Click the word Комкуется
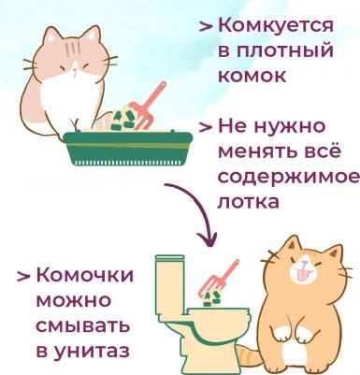[x=276, y=25]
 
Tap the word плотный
[x=285, y=50]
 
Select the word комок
[x=252, y=75]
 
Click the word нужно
[x=290, y=127]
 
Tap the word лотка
[x=248, y=202]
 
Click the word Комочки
[x=85, y=275]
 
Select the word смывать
[x=83, y=325]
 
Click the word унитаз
[x=93, y=352]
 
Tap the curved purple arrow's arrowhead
[x=207, y=239]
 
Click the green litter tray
[x=128, y=149]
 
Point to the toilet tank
[x=170, y=283]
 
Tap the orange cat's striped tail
[x=250, y=356]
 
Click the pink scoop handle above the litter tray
[x=155, y=94]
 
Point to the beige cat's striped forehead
[x=74, y=48]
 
